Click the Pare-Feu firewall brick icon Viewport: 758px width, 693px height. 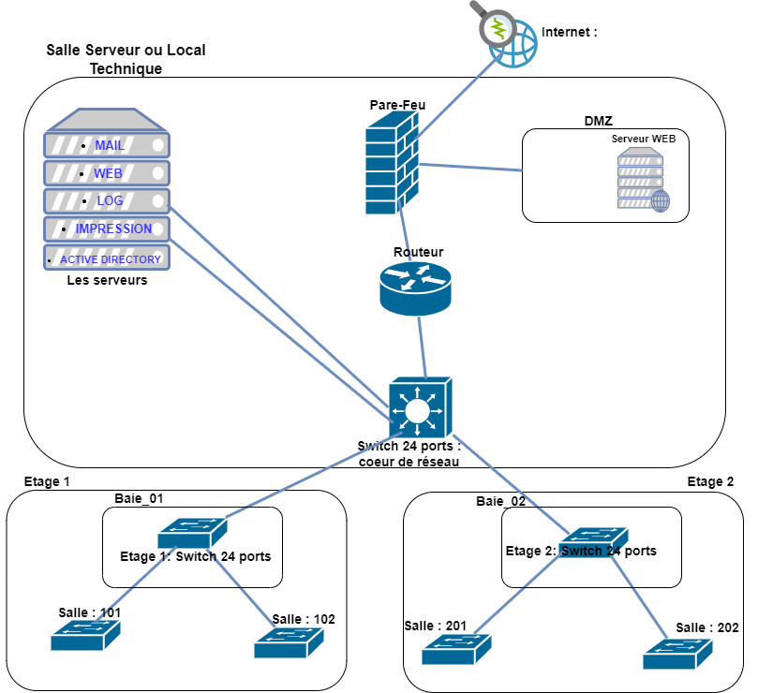(x=391, y=166)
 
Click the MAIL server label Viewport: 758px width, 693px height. (x=110, y=145)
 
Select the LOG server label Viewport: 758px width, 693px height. (x=110, y=200)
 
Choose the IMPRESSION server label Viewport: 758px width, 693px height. (x=113, y=229)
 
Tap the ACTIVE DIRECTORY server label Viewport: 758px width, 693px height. (x=111, y=259)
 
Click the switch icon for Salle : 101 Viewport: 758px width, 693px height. (x=85, y=636)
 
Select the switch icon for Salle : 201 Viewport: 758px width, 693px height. (x=456, y=648)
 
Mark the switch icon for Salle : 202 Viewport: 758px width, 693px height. (x=677, y=653)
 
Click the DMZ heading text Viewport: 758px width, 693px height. (x=599, y=121)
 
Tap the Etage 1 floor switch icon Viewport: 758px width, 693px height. (x=192, y=533)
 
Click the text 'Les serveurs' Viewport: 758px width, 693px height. (x=107, y=280)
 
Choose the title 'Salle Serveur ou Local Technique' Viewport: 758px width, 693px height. (x=126, y=58)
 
